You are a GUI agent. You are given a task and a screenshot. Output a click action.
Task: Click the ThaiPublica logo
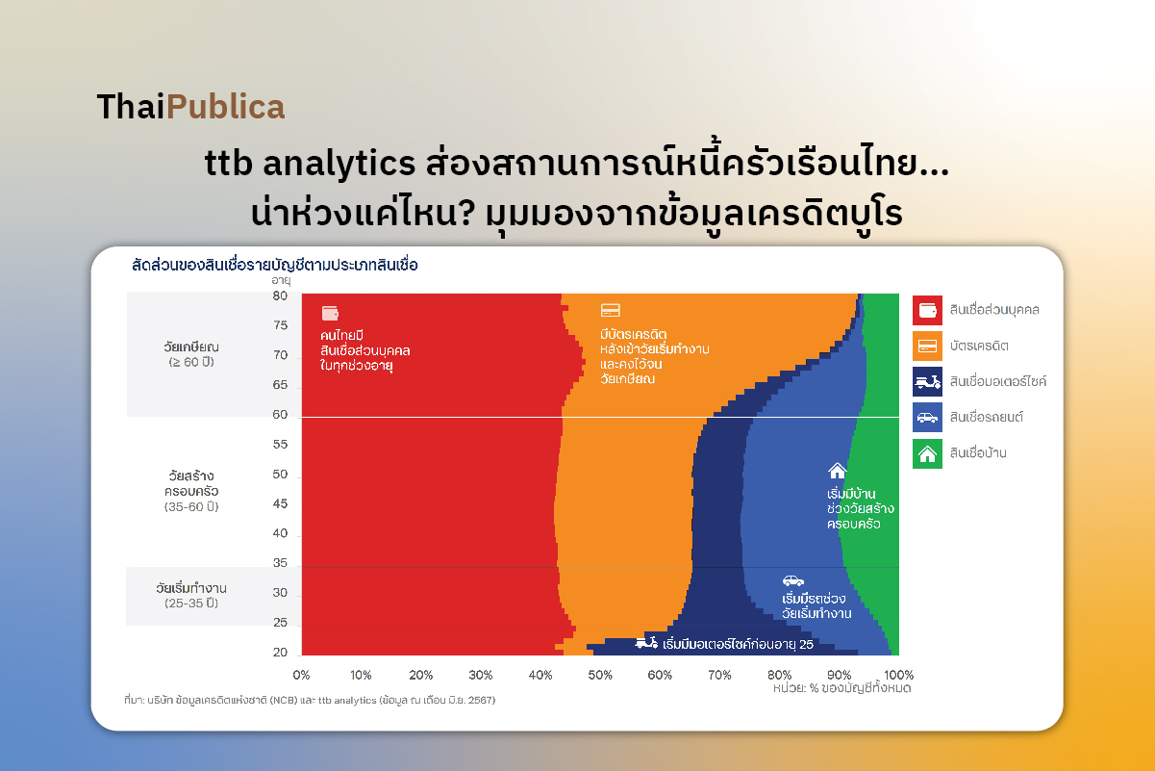pos(190,107)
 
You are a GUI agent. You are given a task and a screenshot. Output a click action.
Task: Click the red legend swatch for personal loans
pos(927,310)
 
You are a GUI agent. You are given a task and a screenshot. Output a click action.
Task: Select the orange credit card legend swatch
pos(927,346)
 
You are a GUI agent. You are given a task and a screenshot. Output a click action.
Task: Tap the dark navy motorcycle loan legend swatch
pos(927,381)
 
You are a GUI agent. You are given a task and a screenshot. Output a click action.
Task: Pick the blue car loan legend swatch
pos(927,417)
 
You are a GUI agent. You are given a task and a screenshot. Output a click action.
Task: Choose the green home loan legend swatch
pos(927,452)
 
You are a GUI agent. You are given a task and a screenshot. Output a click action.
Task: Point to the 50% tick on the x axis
pos(599,675)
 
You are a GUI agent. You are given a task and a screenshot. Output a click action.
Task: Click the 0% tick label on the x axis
pos(301,675)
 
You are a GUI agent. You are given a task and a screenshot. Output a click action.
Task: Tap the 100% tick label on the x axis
pos(898,675)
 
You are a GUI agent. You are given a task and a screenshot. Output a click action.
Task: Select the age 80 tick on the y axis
pos(280,296)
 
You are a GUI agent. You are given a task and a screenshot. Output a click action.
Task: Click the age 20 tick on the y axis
pos(280,653)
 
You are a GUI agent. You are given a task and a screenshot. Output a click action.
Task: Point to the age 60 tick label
pos(280,416)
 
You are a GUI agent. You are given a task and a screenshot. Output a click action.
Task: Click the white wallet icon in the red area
pos(330,313)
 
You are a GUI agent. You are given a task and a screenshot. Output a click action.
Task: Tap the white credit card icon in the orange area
pos(610,310)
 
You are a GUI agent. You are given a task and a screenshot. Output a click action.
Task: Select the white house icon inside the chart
pos(837,471)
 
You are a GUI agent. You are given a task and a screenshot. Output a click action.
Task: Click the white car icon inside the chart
pos(792,580)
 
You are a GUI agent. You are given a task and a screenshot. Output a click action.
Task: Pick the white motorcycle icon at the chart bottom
pos(646,643)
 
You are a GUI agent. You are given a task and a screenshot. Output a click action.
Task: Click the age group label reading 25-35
pos(190,604)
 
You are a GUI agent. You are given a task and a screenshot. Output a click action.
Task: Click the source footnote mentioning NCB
pos(310,700)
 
